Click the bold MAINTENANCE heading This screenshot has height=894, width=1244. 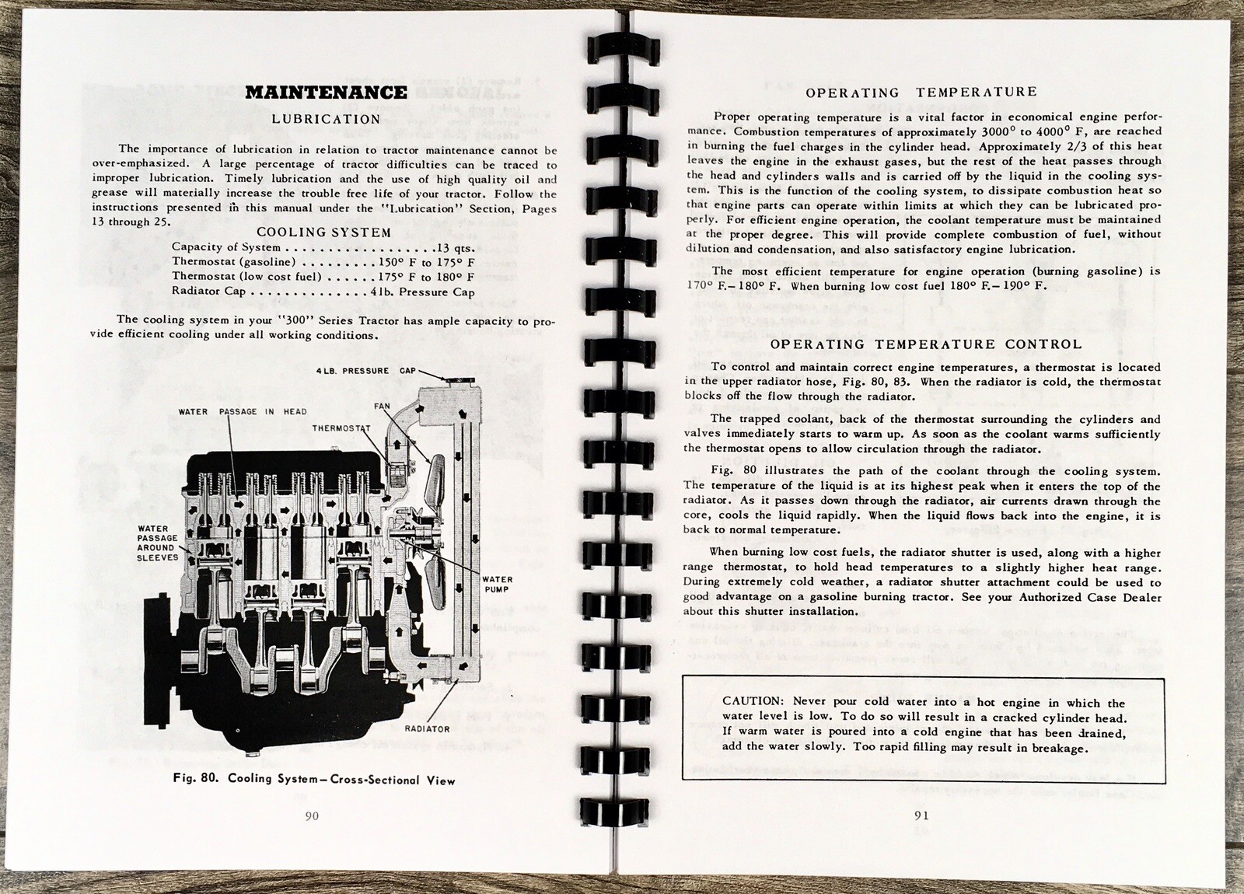coord(325,93)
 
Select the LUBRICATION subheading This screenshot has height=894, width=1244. coord(325,119)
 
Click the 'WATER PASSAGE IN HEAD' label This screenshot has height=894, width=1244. coord(243,411)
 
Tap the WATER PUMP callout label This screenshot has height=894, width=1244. coord(496,584)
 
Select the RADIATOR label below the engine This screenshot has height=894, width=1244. coord(427,728)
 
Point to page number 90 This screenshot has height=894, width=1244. coord(312,815)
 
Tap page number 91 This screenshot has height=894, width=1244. coord(922,815)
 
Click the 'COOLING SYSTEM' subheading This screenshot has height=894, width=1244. coord(324,232)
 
